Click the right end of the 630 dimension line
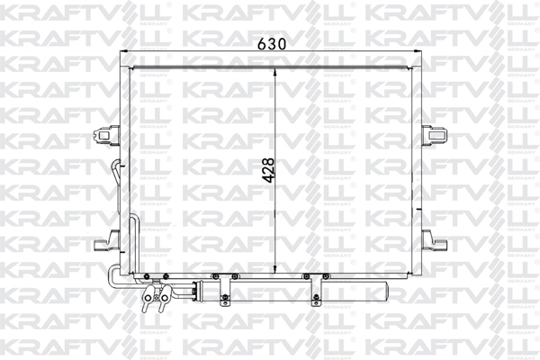click(x=419, y=53)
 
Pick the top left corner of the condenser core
click(x=131, y=67)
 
